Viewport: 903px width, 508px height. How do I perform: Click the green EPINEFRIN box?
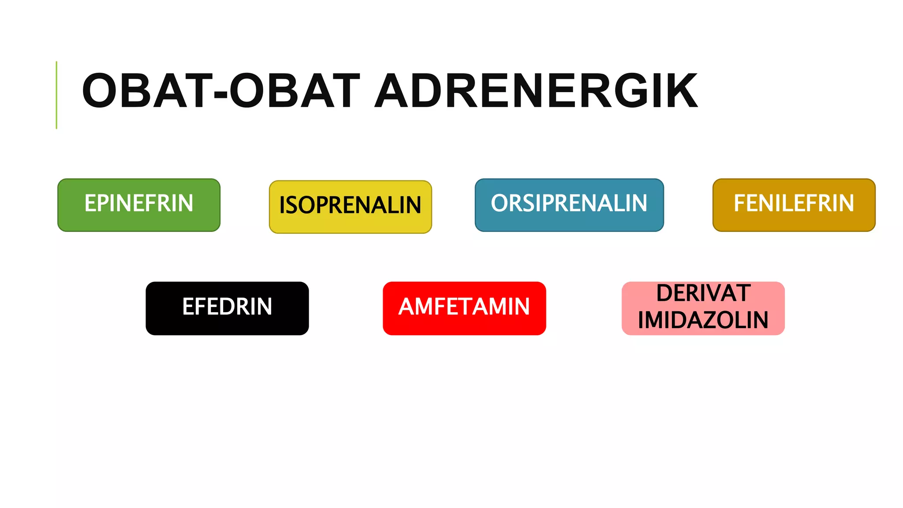coord(139,205)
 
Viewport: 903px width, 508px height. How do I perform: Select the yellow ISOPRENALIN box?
coord(351,206)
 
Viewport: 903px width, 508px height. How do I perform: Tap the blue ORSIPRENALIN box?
coord(569,205)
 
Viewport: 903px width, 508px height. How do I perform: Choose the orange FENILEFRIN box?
coord(794,205)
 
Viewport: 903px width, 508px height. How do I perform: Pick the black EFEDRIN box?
coord(227,308)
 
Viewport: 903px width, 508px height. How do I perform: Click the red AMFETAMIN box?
coord(464,308)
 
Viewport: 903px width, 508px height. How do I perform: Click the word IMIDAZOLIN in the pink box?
coord(703,320)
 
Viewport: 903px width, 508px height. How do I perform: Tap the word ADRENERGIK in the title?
coord(536,91)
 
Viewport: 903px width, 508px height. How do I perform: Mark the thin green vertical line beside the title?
coord(56,95)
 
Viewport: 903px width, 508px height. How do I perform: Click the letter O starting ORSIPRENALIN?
coord(500,203)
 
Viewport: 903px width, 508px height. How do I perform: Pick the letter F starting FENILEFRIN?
coord(739,203)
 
